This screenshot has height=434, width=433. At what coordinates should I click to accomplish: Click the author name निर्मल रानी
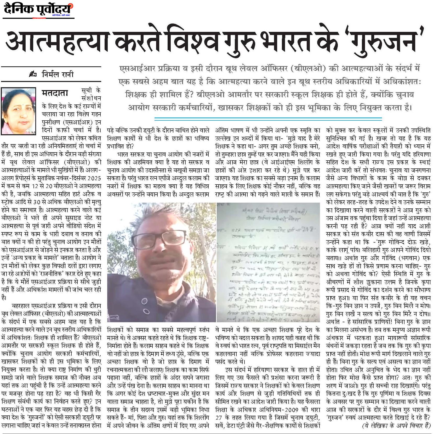58,74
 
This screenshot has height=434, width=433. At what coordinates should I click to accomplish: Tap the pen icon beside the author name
33,75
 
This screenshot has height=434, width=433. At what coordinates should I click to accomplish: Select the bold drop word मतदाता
55,93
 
